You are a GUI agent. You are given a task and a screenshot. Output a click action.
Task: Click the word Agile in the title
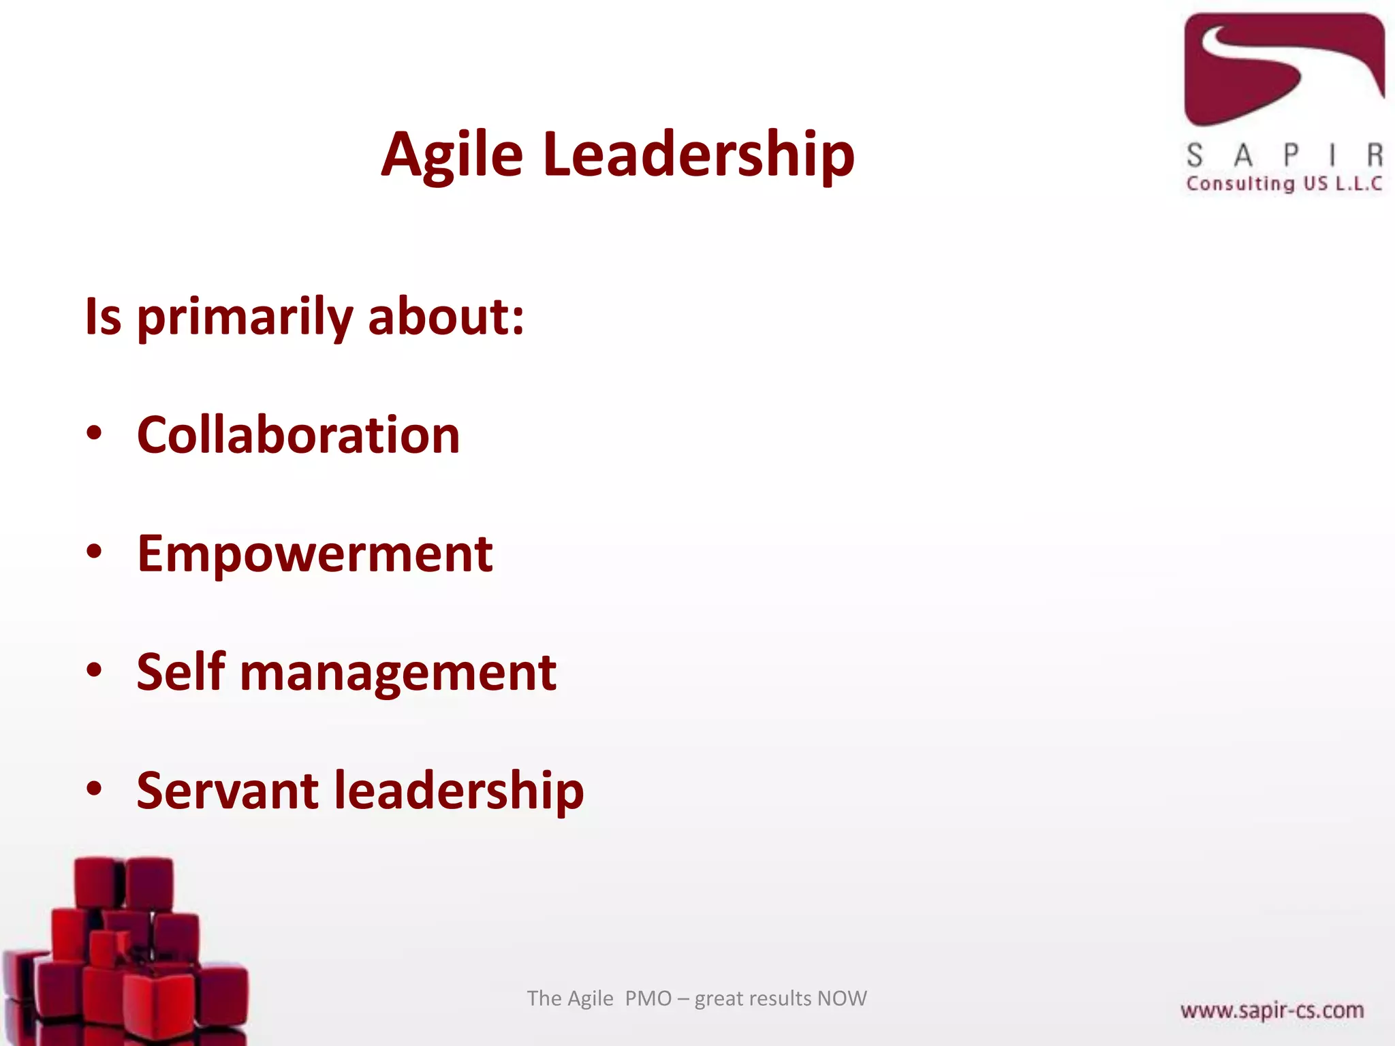tap(452, 155)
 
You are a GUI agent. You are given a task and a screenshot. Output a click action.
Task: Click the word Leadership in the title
tap(698, 155)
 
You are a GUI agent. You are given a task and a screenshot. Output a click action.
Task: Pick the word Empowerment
tap(315, 554)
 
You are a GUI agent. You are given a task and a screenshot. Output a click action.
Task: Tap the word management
tap(398, 673)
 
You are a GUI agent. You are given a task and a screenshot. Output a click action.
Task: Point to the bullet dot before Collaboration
tap(94, 434)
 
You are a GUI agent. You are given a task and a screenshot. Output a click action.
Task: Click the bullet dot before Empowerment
tap(94, 552)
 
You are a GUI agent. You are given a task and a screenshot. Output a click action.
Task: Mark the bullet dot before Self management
tap(94, 671)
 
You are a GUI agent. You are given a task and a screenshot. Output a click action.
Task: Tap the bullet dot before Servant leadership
tap(94, 789)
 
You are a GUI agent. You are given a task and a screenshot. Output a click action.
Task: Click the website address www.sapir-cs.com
tap(1272, 1010)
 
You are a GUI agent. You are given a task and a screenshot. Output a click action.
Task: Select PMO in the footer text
tap(648, 998)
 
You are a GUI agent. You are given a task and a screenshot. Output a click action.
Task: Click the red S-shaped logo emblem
tap(1283, 68)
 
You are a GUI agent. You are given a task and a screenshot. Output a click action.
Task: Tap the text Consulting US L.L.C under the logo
tap(1284, 184)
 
